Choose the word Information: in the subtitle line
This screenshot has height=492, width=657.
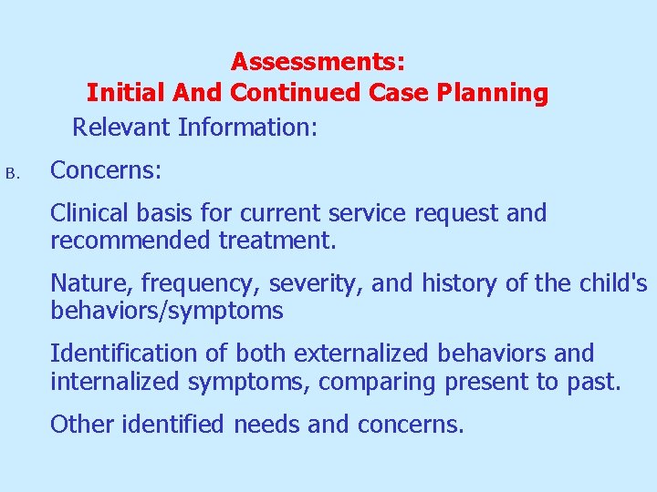point(248,127)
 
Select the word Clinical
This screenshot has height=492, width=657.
point(89,213)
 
